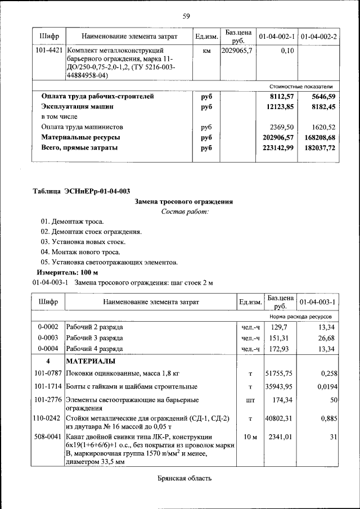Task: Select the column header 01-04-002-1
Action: pyautogui.click(x=277, y=37)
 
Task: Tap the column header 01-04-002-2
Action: pyautogui.click(x=319, y=37)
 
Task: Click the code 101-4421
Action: pyautogui.click(x=49, y=51)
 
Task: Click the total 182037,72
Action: pyautogui.click(x=319, y=147)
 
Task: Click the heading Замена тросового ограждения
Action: pyautogui.click(x=184, y=201)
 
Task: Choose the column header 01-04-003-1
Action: pyautogui.click(x=318, y=303)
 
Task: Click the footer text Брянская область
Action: pyautogui.click(x=184, y=479)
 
